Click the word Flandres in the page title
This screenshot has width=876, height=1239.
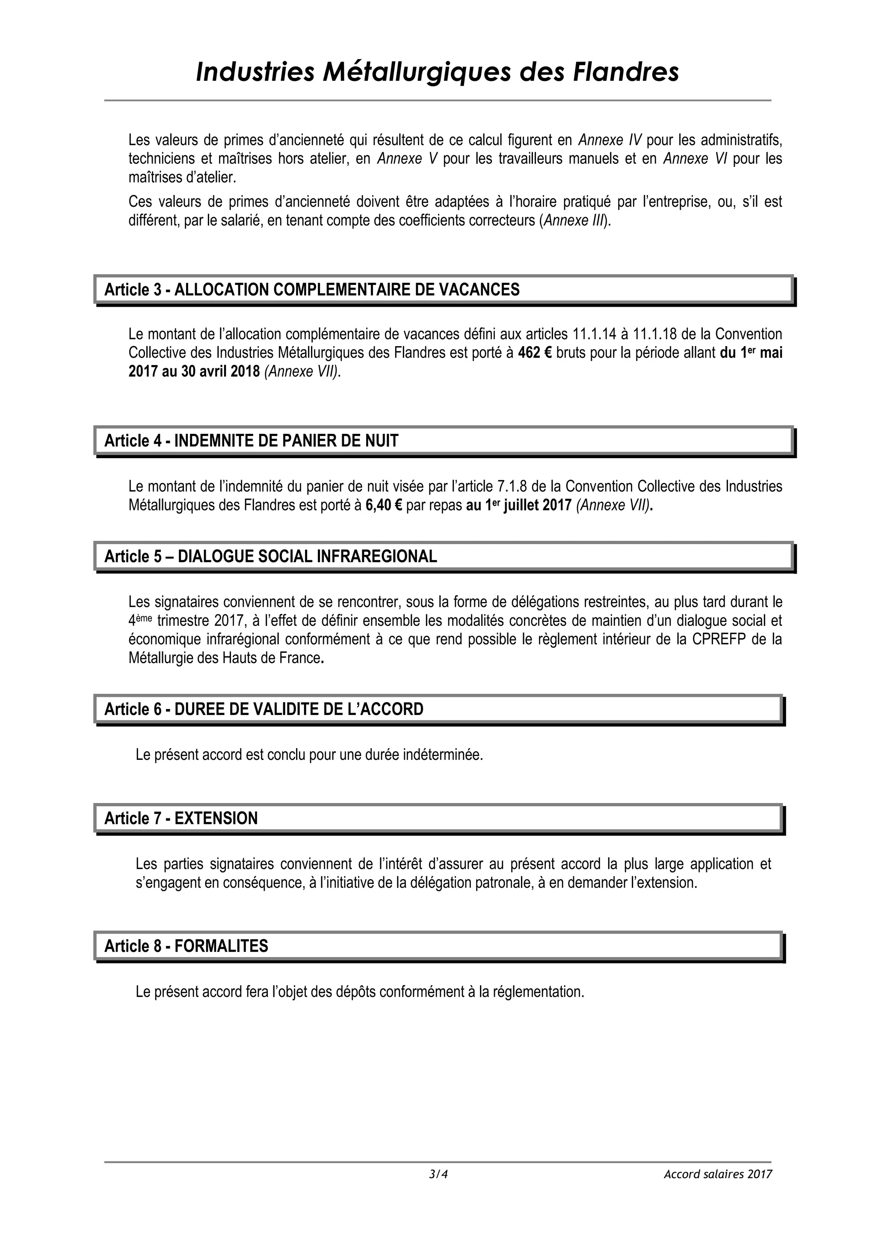[x=625, y=72]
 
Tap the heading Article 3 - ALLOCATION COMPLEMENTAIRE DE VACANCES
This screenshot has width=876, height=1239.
[x=312, y=290]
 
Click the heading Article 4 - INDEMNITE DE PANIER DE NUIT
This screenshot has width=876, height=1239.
[x=251, y=441]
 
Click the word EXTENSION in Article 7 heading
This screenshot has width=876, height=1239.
[x=216, y=818]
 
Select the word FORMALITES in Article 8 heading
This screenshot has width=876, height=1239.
[x=221, y=946]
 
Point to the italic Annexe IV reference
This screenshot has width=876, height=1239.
[x=610, y=140]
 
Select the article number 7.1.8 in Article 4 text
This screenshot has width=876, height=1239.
[x=510, y=487]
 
